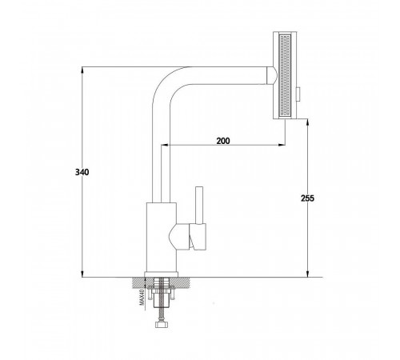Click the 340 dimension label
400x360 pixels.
(82, 172)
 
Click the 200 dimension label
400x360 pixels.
(223, 141)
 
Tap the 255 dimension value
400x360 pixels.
(307, 198)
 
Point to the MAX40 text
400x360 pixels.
(142, 298)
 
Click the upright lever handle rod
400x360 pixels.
(199, 205)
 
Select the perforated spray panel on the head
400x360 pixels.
(285, 75)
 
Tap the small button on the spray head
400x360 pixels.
(298, 94)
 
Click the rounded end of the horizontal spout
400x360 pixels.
(271, 75)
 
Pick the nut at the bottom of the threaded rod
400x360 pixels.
(162, 324)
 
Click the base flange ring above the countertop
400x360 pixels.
(161, 274)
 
